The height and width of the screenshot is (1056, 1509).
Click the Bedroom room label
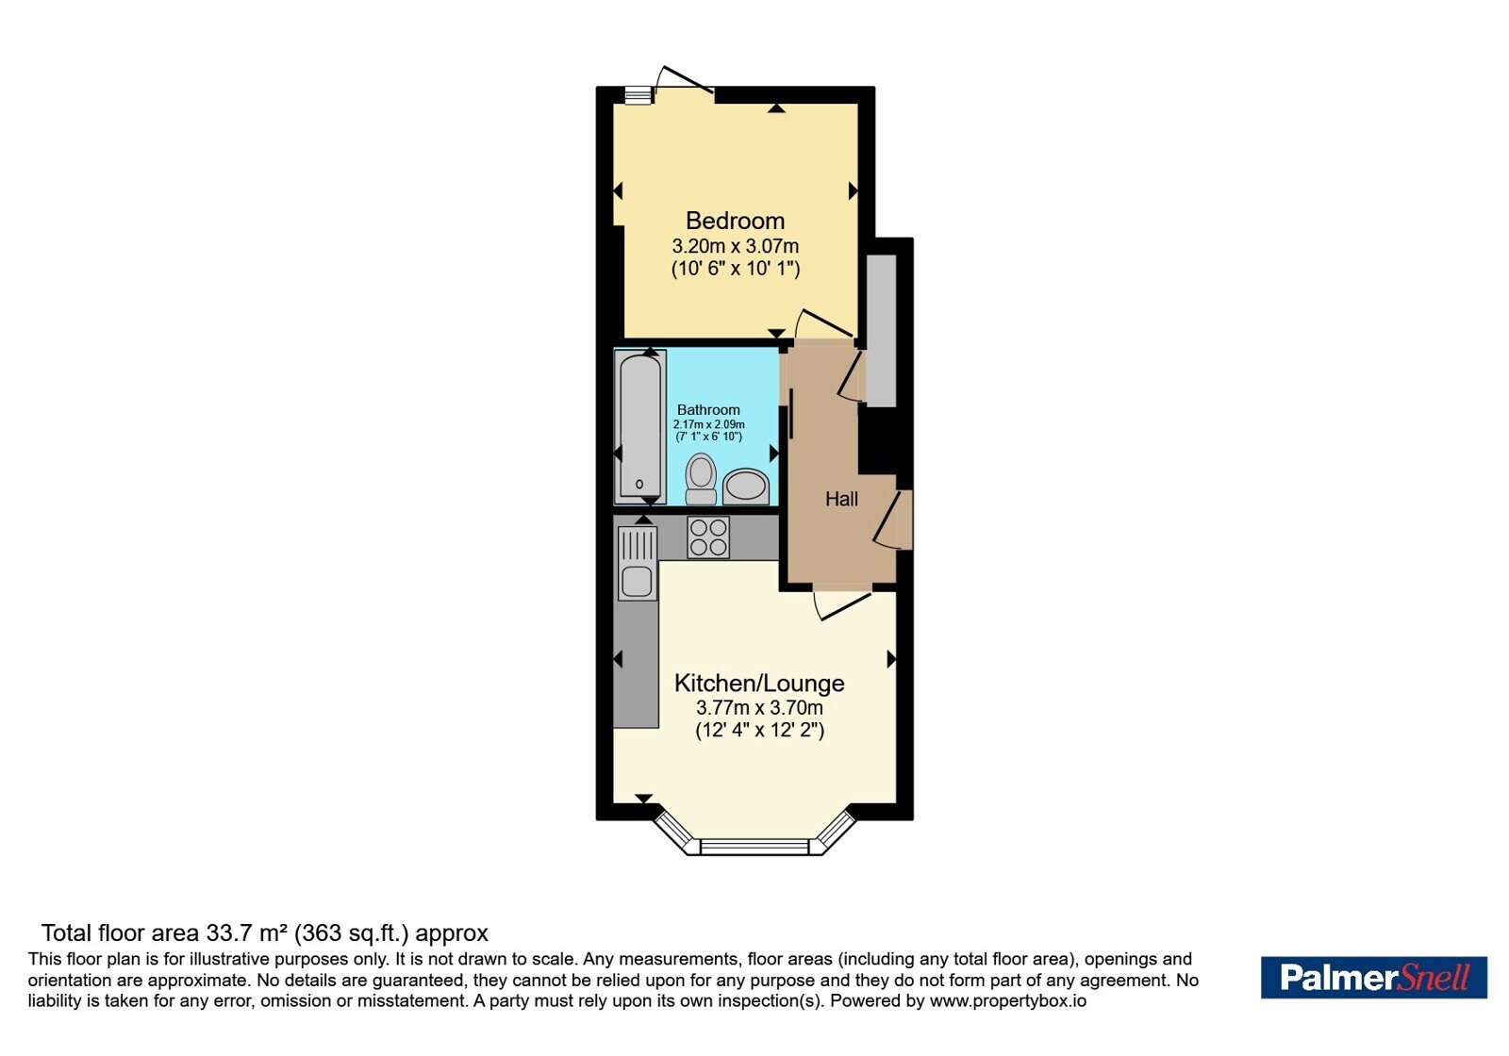[x=735, y=221]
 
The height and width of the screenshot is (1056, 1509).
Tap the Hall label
[x=841, y=499]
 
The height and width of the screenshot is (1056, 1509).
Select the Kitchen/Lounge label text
[x=759, y=684]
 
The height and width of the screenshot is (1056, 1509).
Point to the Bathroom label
[x=708, y=409]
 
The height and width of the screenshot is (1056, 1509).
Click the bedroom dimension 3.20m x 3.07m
[x=735, y=246]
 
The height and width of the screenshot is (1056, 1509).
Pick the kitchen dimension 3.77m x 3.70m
[x=759, y=708]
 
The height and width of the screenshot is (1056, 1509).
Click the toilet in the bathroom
[x=701, y=479]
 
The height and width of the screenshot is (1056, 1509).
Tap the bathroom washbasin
[x=746, y=487]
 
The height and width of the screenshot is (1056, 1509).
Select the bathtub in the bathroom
[x=640, y=427]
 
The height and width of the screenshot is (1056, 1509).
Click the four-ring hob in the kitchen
[x=708, y=536]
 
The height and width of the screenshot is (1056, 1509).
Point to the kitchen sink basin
[x=637, y=581]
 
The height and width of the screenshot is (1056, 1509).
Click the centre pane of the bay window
[x=754, y=847]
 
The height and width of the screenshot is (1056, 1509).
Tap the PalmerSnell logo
[x=1373, y=977]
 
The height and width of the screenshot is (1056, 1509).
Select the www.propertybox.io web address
[x=1008, y=1000]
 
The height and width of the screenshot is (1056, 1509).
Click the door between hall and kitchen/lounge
[x=843, y=603]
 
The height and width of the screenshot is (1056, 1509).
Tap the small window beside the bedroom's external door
[x=638, y=95]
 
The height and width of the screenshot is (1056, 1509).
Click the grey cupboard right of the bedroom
[x=881, y=331]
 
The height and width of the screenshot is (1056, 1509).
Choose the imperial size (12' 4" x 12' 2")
[x=759, y=731]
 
